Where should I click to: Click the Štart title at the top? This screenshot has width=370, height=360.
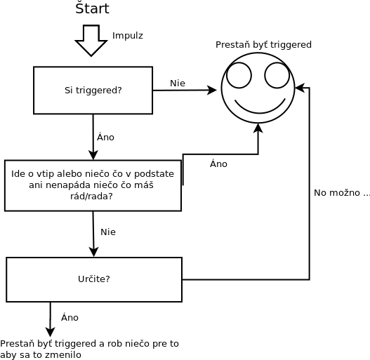[92, 8]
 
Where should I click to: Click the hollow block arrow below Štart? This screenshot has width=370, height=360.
[91, 41]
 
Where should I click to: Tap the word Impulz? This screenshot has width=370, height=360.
[128, 36]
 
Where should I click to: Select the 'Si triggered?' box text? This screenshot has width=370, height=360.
[93, 90]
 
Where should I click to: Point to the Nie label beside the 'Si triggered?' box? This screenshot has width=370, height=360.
[178, 83]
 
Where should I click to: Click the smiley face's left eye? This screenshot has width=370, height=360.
[239, 75]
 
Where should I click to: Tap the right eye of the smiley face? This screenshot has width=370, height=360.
[277, 75]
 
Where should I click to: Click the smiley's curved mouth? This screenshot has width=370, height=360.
[260, 112]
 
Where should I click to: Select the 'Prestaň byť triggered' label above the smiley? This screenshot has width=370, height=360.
[263, 44]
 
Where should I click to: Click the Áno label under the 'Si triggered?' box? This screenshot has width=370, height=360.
[105, 137]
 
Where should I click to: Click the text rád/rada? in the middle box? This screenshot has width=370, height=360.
[91, 196]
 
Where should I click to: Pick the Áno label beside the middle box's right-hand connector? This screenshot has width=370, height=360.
[218, 164]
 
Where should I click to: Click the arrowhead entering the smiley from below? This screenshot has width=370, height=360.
[258, 128]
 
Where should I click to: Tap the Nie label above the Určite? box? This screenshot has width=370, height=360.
[108, 232]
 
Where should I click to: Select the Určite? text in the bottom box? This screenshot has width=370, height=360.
[94, 279]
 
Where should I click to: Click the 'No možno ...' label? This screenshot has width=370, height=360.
[341, 193]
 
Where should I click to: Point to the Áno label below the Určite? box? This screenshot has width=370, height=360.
[70, 317]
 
